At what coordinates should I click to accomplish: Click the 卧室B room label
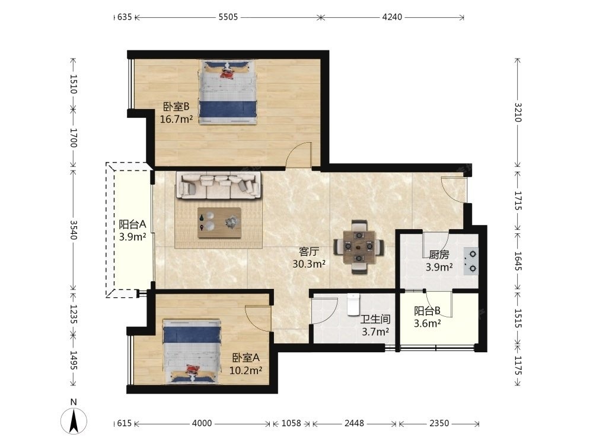click(x=176, y=107)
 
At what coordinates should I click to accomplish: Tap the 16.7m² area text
click(x=176, y=120)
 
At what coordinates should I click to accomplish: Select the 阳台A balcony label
click(x=132, y=224)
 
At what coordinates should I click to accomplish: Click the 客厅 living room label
click(x=309, y=251)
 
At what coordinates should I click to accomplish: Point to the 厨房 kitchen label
click(x=439, y=255)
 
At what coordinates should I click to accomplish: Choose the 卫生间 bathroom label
click(x=375, y=320)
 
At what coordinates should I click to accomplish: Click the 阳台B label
click(x=427, y=311)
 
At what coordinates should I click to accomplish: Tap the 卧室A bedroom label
click(x=246, y=357)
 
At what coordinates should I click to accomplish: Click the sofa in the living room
click(x=219, y=185)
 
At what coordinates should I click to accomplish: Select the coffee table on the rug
click(x=219, y=223)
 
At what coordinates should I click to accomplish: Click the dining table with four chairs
click(x=359, y=247)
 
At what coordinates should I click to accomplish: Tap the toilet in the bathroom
click(x=353, y=304)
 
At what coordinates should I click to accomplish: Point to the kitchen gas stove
click(x=471, y=261)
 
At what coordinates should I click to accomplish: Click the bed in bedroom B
click(x=228, y=92)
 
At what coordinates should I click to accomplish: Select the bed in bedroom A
click(x=192, y=351)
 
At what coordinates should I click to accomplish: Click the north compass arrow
click(x=74, y=421)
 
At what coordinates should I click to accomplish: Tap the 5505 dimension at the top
click(x=228, y=17)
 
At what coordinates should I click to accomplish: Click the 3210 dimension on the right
click(x=518, y=112)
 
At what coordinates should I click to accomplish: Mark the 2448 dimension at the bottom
click(x=354, y=423)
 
